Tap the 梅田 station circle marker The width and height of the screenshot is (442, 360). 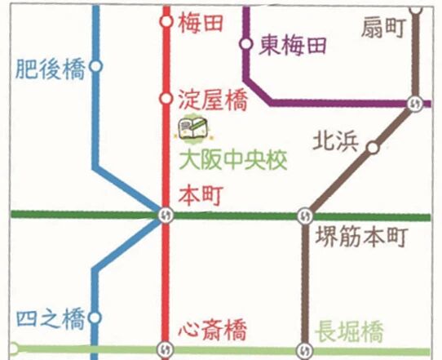coord(166,22)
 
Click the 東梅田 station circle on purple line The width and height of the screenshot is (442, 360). coord(245,44)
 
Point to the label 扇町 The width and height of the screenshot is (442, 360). coord(383,29)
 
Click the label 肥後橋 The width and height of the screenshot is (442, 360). coord(50,69)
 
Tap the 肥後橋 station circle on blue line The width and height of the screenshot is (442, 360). coord(96,68)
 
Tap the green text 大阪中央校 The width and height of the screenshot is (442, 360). coord(233,160)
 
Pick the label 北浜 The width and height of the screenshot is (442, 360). coord(336,142)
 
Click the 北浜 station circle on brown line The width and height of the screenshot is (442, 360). coord(373,148)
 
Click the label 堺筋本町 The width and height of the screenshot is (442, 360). coord(360,239)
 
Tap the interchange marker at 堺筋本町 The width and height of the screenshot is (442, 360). coord(305,216)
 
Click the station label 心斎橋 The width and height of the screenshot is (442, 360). coord(212,331)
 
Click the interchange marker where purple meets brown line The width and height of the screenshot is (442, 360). coord(415,104)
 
